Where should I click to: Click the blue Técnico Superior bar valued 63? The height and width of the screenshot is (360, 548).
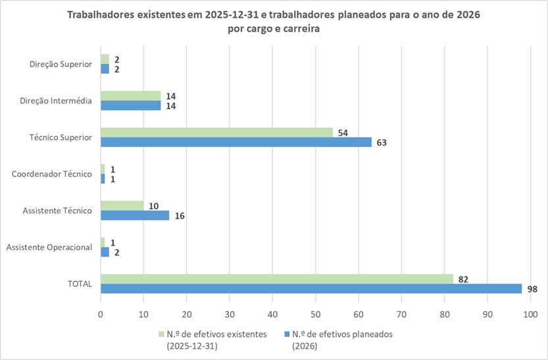click(236, 142)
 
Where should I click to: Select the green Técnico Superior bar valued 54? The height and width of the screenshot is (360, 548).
click(216, 132)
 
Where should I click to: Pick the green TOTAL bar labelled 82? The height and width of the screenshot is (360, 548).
click(276, 279)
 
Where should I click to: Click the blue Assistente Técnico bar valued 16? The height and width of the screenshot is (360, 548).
click(135, 215)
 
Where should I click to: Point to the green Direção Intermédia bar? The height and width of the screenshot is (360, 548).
click(130, 96)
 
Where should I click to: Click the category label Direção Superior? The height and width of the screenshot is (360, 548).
click(60, 64)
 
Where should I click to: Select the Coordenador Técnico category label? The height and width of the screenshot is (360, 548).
click(51, 174)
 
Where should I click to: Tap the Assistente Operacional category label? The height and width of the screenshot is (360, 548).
click(49, 247)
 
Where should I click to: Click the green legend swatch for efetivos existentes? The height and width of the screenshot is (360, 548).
click(161, 334)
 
